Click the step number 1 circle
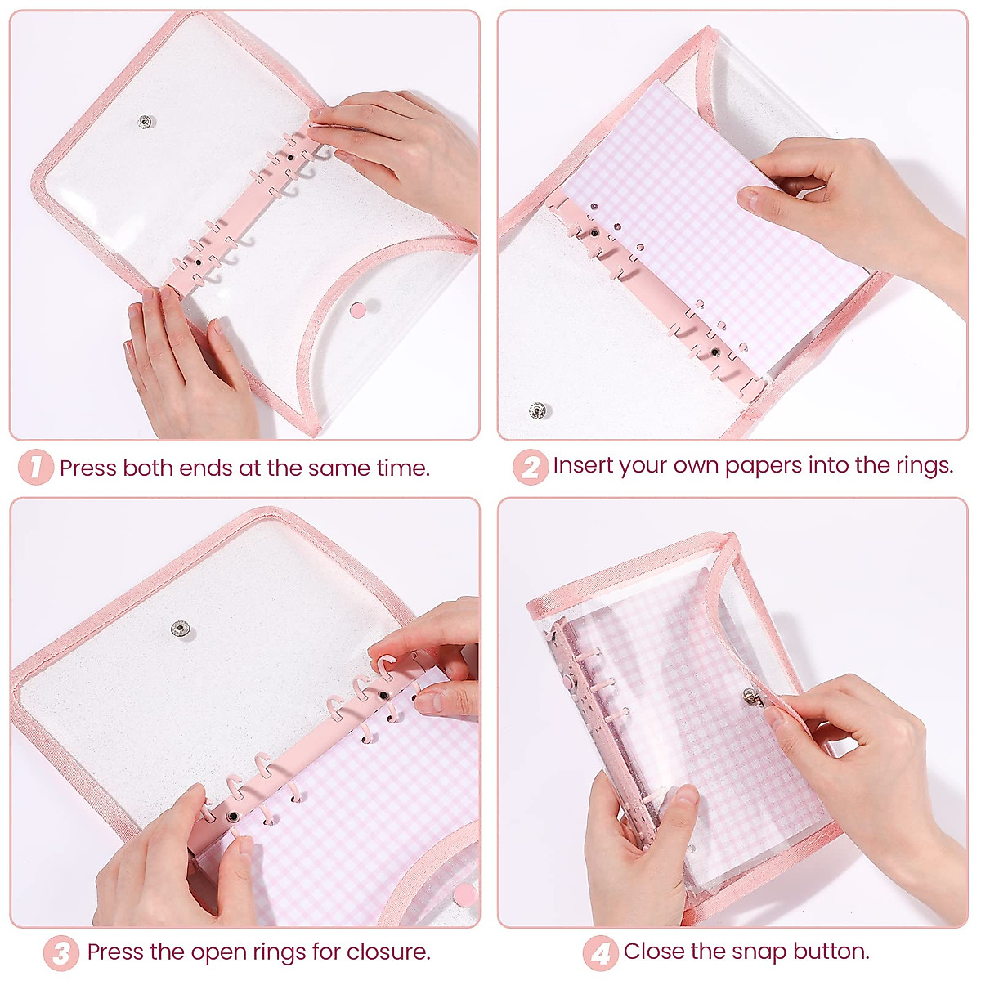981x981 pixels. point(35,468)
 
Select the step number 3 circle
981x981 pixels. point(60,953)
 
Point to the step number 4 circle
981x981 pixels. point(599,953)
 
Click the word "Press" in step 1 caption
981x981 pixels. point(88,468)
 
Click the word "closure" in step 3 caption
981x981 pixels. point(387,952)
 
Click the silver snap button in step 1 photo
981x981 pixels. point(146,122)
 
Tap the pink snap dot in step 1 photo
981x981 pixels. point(358,309)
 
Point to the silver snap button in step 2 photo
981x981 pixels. point(536,410)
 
